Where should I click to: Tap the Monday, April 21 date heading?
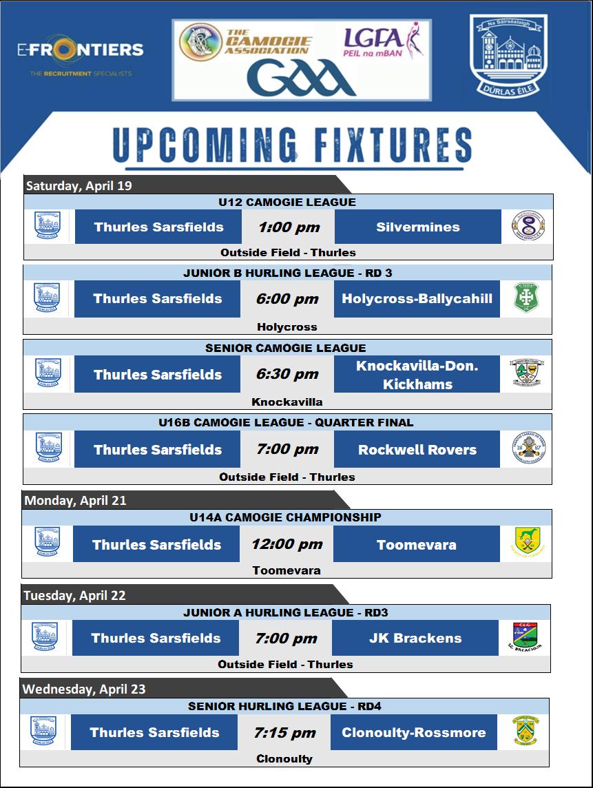coord(75,501)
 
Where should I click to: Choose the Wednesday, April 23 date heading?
coord(84,689)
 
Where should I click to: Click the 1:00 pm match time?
coord(288,227)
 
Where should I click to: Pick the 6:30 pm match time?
coord(288,375)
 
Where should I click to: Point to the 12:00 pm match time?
coord(287,545)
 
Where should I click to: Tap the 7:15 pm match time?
coord(285,733)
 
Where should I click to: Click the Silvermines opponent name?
coord(418,227)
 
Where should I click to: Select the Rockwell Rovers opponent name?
coord(417,450)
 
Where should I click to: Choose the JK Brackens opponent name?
coord(415,638)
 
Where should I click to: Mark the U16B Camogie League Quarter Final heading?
coord(288,422)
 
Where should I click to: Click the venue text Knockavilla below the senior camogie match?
coord(288,402)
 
